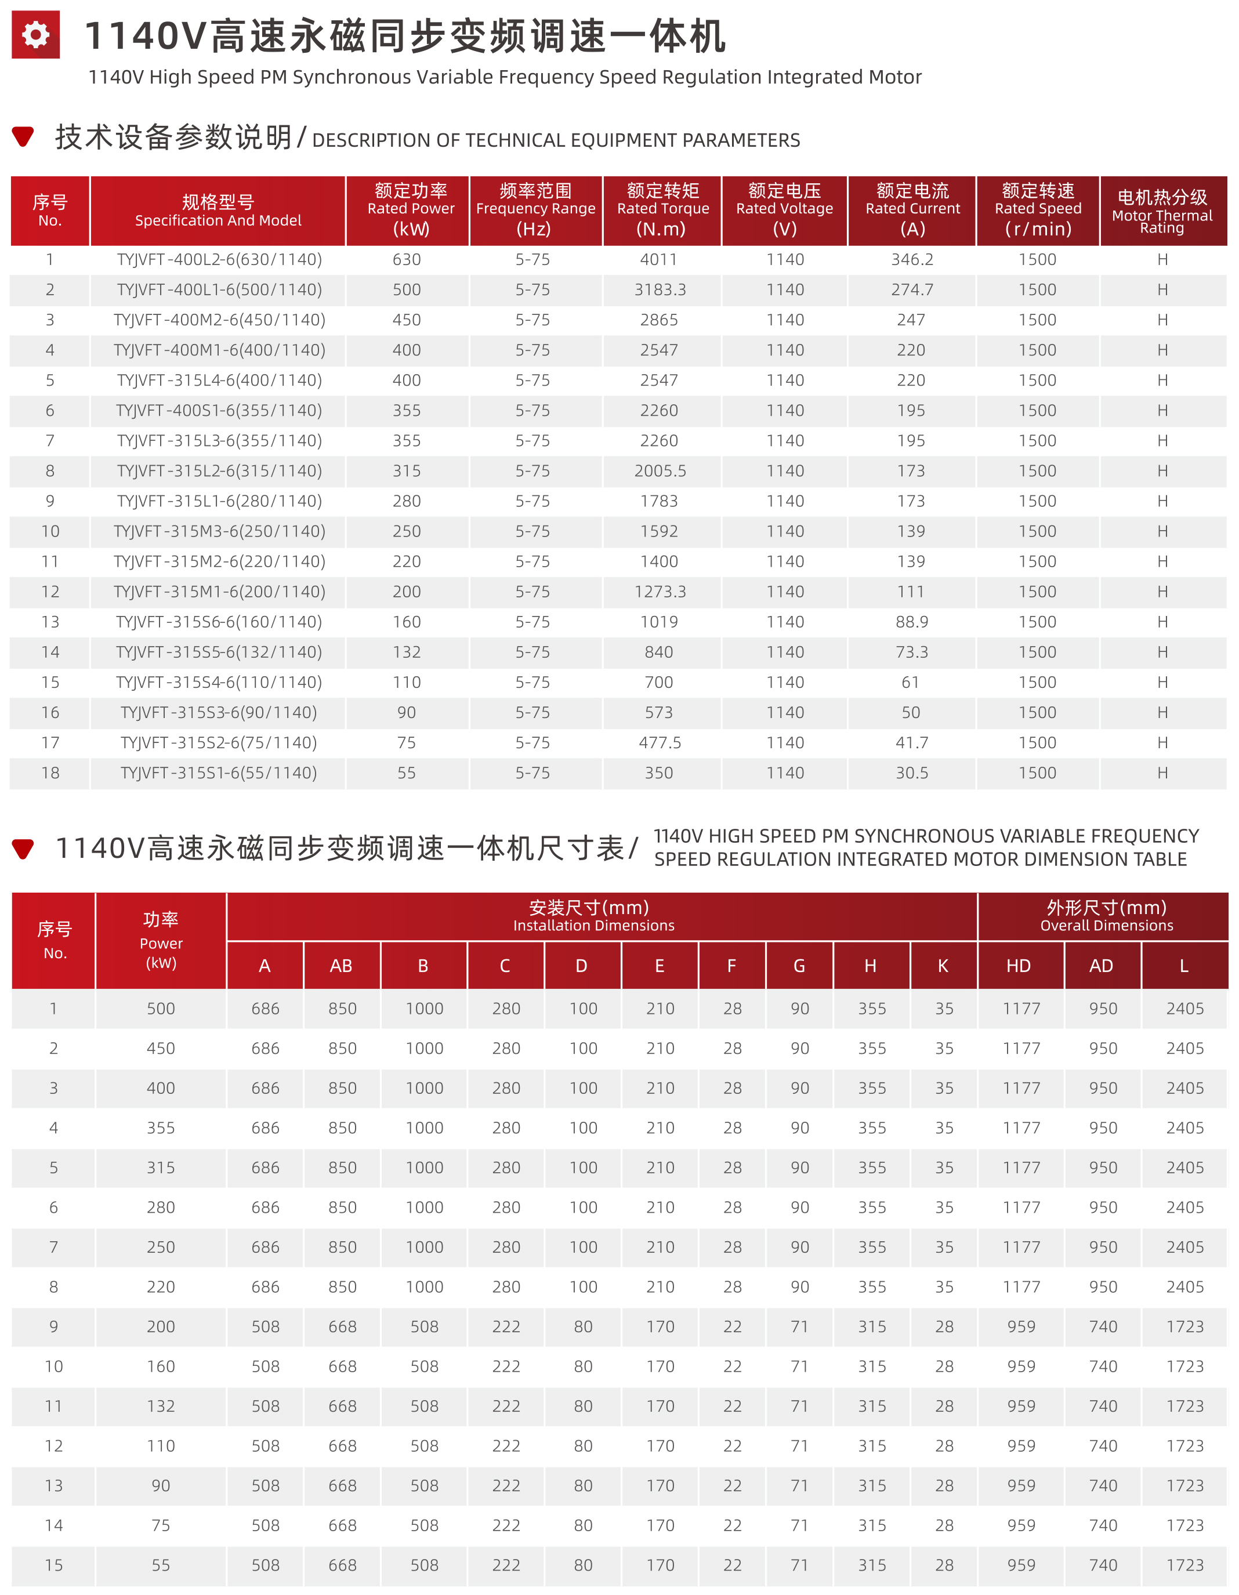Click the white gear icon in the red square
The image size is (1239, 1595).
point(35,34)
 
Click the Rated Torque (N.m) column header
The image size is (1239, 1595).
point(662,209)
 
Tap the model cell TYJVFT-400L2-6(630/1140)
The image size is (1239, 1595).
point(219,259)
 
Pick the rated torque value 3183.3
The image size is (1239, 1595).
point(660,290)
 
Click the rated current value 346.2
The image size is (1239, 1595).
point(912,259)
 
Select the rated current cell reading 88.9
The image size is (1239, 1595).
point(912,622)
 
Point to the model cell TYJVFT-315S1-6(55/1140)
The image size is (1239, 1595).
point(219,773)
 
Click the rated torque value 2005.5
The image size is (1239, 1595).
point(660,471)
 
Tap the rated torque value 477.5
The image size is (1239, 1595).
point(660,743)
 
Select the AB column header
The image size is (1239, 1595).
point(340,966)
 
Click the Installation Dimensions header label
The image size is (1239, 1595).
point(593,925)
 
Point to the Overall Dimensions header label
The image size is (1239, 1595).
point(1106,925)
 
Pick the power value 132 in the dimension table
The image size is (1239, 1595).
point(161,1406)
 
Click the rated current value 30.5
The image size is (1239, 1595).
point(912,773)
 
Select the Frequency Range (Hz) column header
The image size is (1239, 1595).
point(535,209)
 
